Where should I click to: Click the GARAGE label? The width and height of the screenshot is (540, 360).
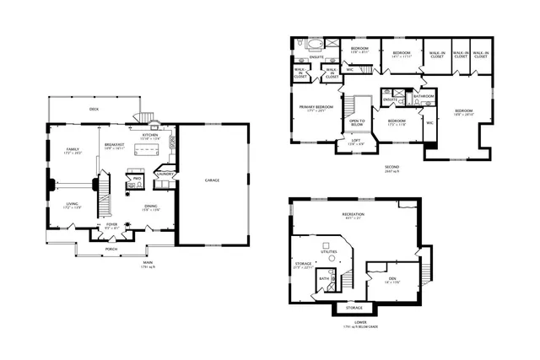[x=213, y=180]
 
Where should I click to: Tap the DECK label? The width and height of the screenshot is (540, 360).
[x=94, y=109]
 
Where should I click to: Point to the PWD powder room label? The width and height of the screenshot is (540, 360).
[x=137, y=178]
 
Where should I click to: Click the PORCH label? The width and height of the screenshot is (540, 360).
[x=111, y=249]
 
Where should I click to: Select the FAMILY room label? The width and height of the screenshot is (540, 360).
[x=73, y=149]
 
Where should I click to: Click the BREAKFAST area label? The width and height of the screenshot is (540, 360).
[x=115, y=144]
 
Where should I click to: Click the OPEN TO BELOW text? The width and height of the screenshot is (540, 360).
[x=357, y=122]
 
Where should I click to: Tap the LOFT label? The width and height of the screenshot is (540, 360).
[x=356, y=141]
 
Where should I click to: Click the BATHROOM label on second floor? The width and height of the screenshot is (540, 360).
[x=424, y=96]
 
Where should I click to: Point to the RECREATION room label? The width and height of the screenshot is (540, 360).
[x=354, y=214]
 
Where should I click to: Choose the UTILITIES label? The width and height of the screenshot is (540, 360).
[x=328, y=251]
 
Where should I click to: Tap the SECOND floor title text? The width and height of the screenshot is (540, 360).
[x=390, y=166]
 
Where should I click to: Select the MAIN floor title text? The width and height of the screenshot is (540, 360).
[x=147, y=262]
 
